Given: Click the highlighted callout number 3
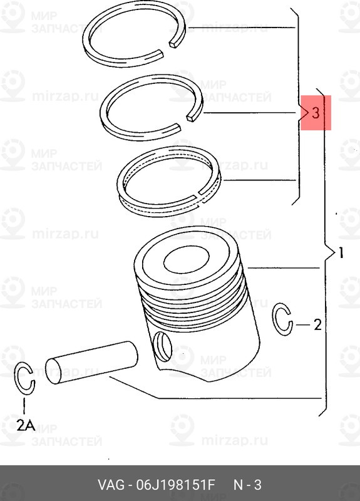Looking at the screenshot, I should point(316,113).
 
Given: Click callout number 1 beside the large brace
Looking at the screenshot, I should point(340,254).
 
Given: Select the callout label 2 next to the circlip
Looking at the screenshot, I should point(317,325).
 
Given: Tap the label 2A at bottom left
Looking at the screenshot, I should point(26,425).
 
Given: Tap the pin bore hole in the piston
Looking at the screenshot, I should point(163,346).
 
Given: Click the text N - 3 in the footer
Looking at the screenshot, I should point(247,486).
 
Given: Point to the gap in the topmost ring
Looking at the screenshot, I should point(175,44).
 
